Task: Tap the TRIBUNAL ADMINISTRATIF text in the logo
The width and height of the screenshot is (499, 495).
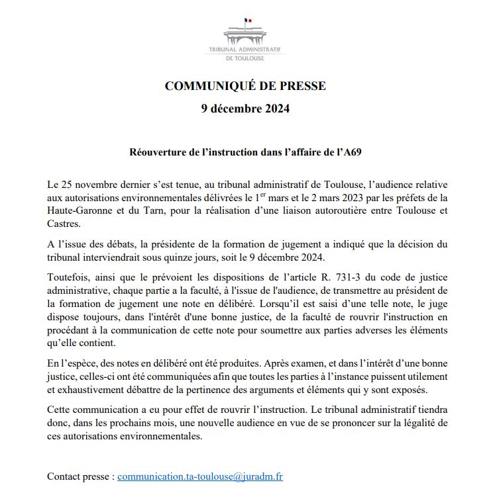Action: pyautogui.click(x=245, y=50)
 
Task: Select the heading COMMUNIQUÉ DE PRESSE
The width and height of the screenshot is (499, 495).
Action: pyautogui.click(x=245, y=86)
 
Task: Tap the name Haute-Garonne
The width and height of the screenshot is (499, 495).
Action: pyautogui.click(x=78, y=211)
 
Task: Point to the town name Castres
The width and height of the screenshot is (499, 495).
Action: pyautogui.click(x=64, y=224)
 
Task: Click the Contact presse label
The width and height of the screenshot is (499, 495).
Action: pyautogui.click(x=80, y=476)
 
